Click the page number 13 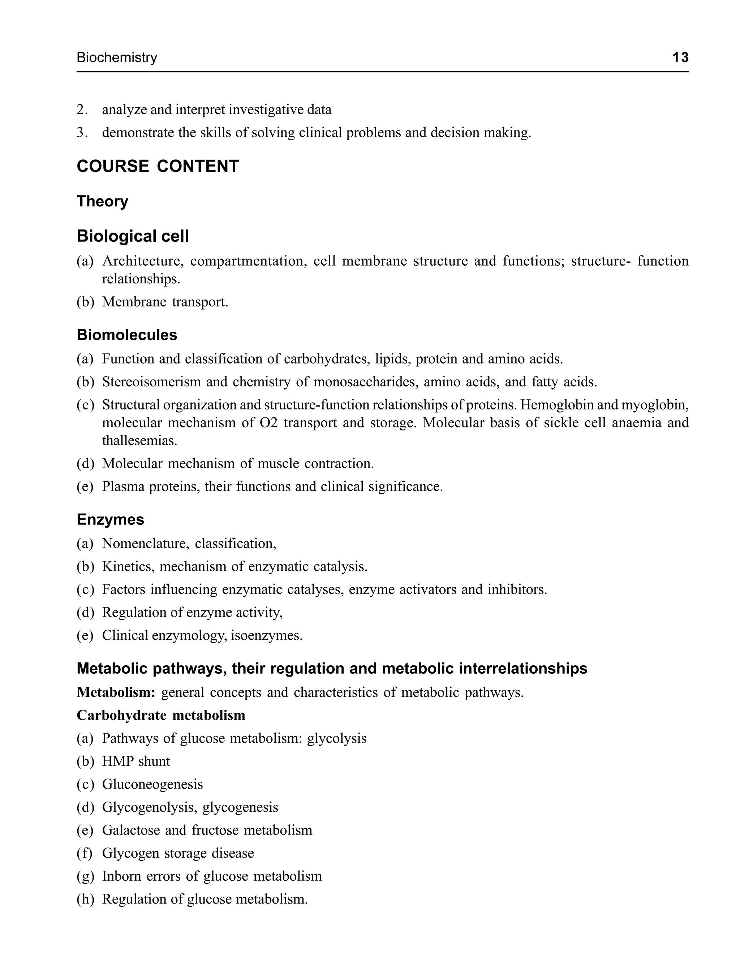680,58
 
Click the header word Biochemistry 117,58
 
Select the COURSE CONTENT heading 158,167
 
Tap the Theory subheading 102,201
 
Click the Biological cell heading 133,237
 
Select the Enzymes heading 110,520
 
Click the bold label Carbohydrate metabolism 161,715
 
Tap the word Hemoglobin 562,405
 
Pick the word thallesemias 139,441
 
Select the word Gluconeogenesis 152,784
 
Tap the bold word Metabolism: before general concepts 116,692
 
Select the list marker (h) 85,899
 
